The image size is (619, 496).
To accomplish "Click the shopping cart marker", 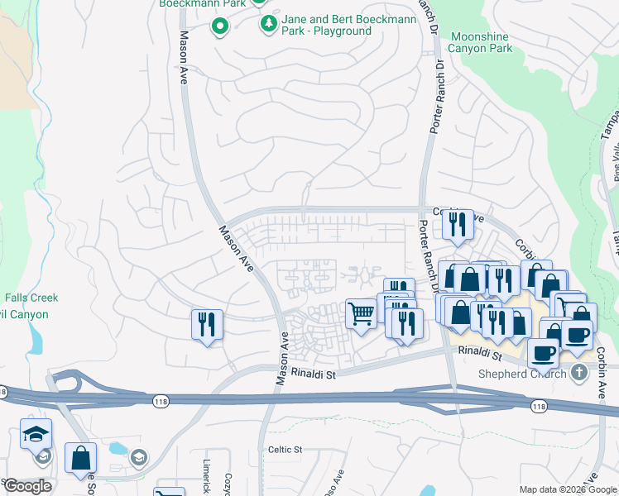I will pyautogui.click(x=361, y=314).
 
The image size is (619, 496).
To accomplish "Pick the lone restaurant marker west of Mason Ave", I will pyautogui.click(x=207, y=323).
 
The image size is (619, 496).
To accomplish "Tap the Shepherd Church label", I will pyautogui.click(x=522, y=374).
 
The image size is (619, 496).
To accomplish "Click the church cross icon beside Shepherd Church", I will pyautogui.click(x=578, y=374).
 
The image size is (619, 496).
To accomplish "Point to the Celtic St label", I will pyautogui.click(x=286, y=450).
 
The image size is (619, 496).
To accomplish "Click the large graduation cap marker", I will pyautogui.click(x=36, y=433).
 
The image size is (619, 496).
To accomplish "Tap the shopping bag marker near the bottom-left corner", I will pyautogui.click(x=80, y=457).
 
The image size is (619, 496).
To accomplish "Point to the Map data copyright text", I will pyautogui.click(x=568, y=489).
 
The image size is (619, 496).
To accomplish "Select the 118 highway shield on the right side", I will pyautogui.click(x=539, y=406).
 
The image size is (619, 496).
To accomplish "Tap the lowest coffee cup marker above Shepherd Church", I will pyautogui.click(x=543, y=352).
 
